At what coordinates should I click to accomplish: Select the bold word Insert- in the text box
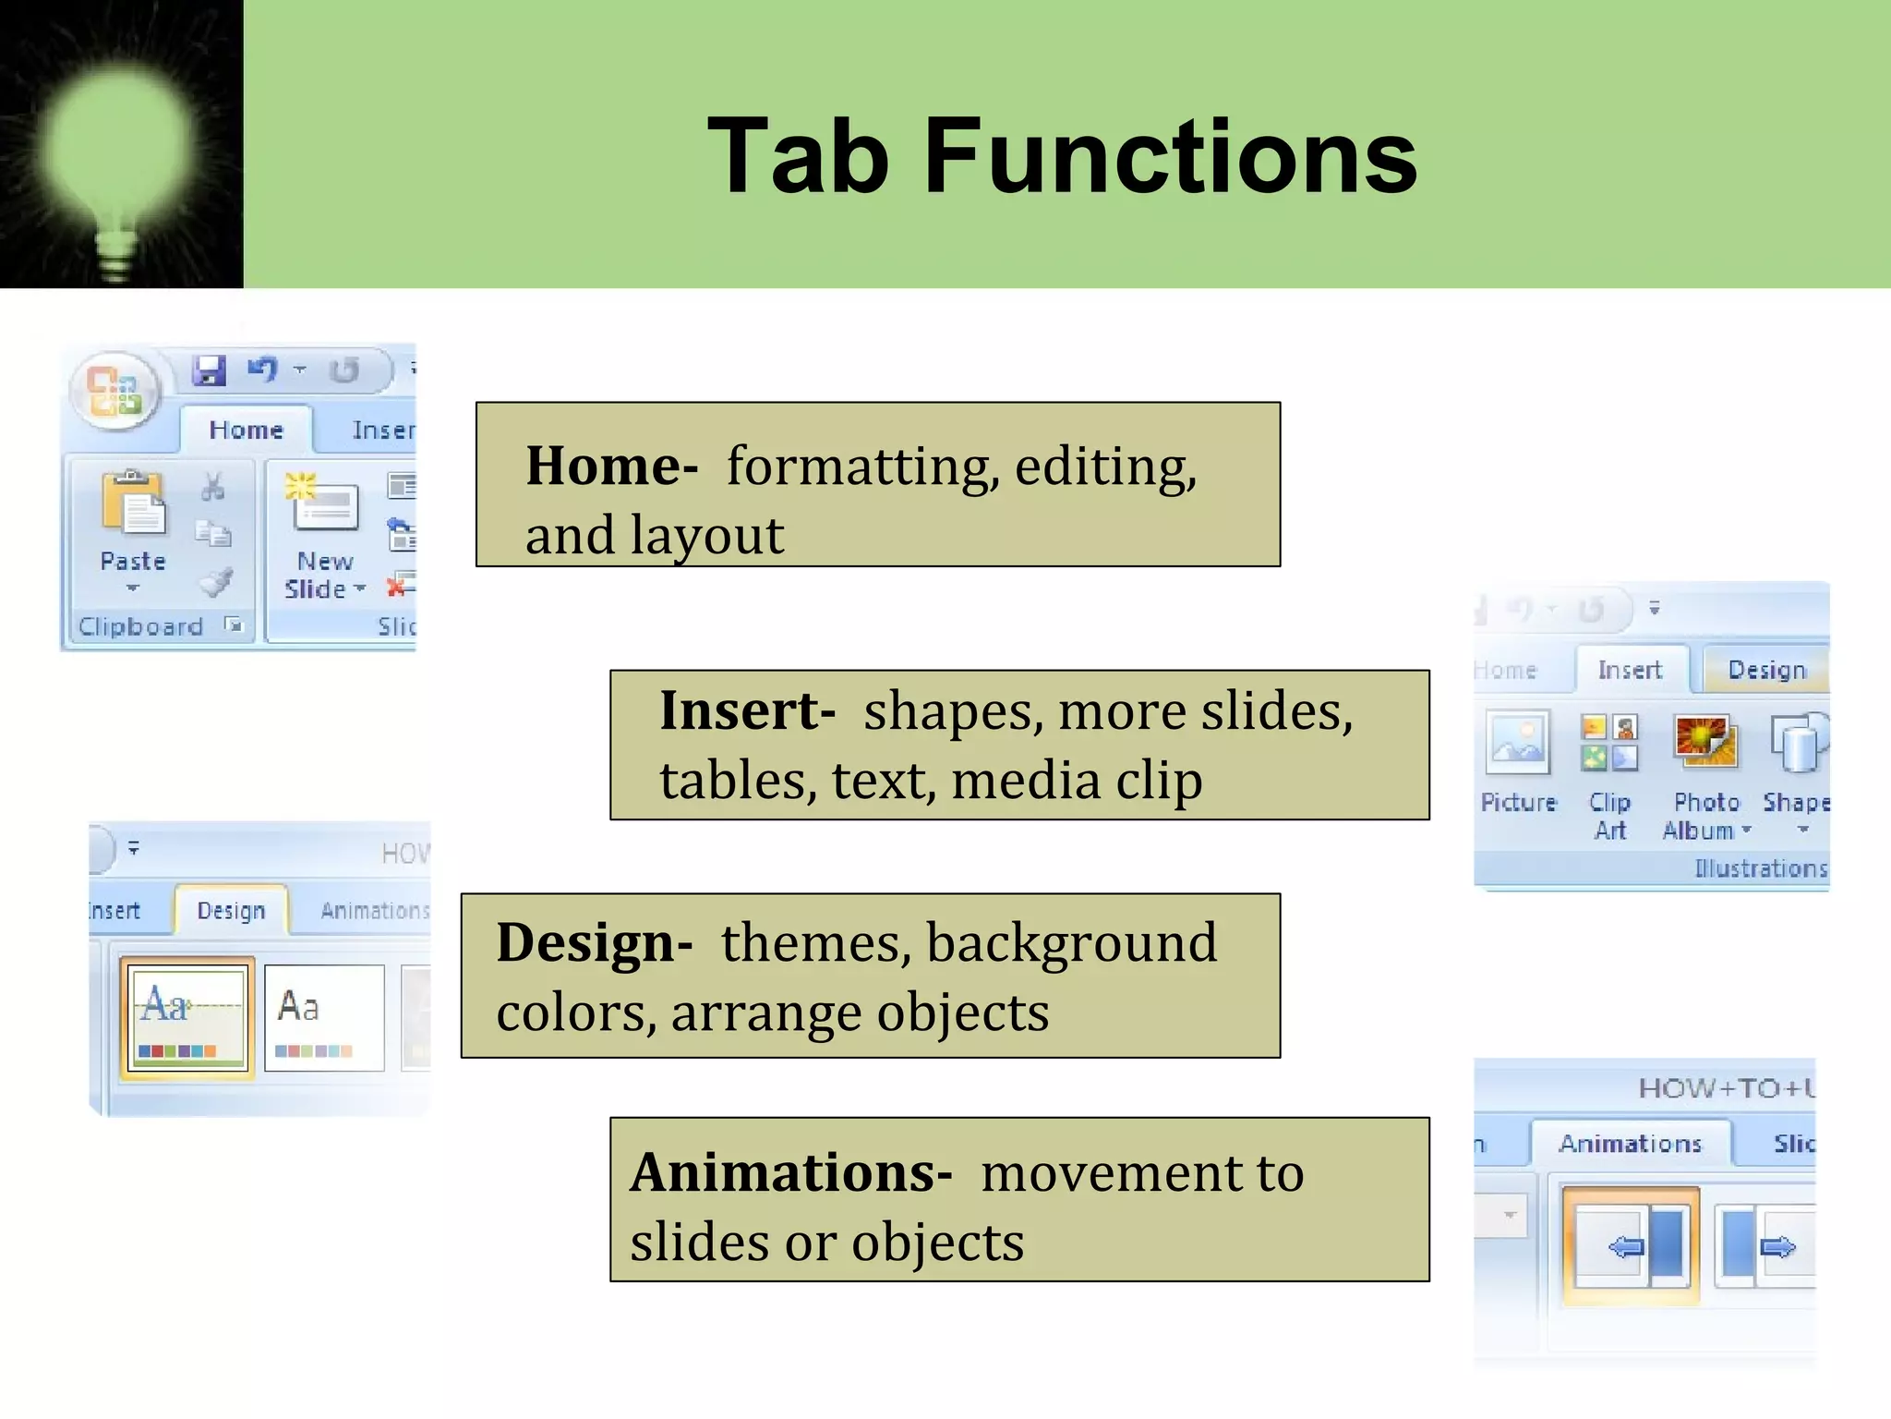pyautogui.click(x=747, y=710)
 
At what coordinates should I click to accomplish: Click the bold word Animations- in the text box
pyautogui.click(x=790, y=1172)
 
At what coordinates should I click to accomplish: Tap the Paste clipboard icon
pyautogui.click(x=135, y=503)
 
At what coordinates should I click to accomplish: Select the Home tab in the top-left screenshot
pyautogui.click(x=246, y=430)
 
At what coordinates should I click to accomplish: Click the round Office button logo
pyautogui.click(x=114, y=391)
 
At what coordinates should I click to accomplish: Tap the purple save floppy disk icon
pyautogui.click(x=210, y=370)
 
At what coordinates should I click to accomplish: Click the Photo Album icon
pyautogui.click(x=1705, y=743)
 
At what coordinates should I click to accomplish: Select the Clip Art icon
pyautogui.click(x=1609, y=743)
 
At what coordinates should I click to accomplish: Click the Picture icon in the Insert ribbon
pyautogui.click(x=1517, y=743)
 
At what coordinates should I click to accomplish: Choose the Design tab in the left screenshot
pyautogui.click(x=231, y=910)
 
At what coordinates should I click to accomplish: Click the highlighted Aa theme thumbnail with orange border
pyautogui.click(x=187, y=1017)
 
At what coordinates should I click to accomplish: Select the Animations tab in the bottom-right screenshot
pyautogui.click(x=1630, y=1144)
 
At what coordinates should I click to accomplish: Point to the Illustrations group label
pyautogui.click(x=1760, y=868)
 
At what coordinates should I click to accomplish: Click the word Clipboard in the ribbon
pyautogui.click(x=140, y=626)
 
